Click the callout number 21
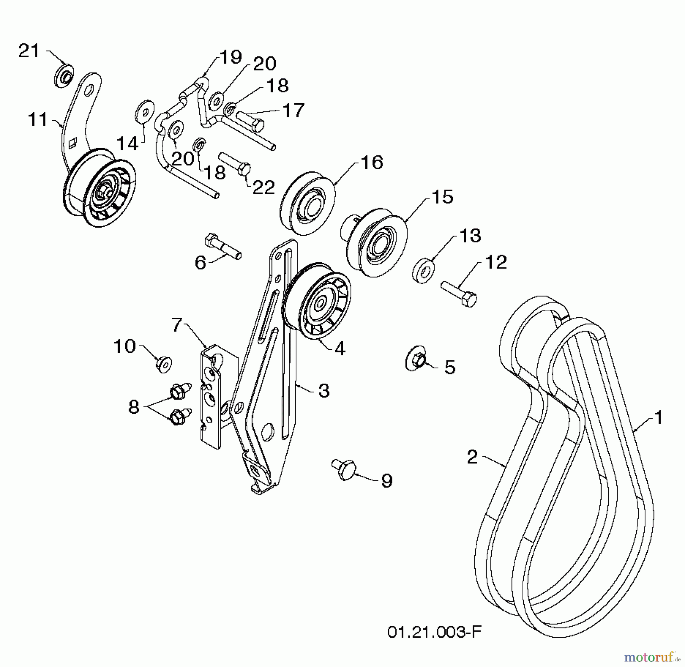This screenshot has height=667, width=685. [x=29, y=51]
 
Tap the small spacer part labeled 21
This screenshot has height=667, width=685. [x=64, y=76]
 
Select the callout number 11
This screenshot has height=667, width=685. [x=38, y=120]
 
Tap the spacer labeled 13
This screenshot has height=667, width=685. [x=423, y=270]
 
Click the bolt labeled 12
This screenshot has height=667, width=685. [x=459, y=293]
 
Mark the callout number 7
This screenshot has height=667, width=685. [x=177, y=325]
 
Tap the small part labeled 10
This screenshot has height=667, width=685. [x=164, y=364]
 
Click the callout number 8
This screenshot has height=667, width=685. [x=134, y=407]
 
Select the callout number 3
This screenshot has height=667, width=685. [x=323, y=391]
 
